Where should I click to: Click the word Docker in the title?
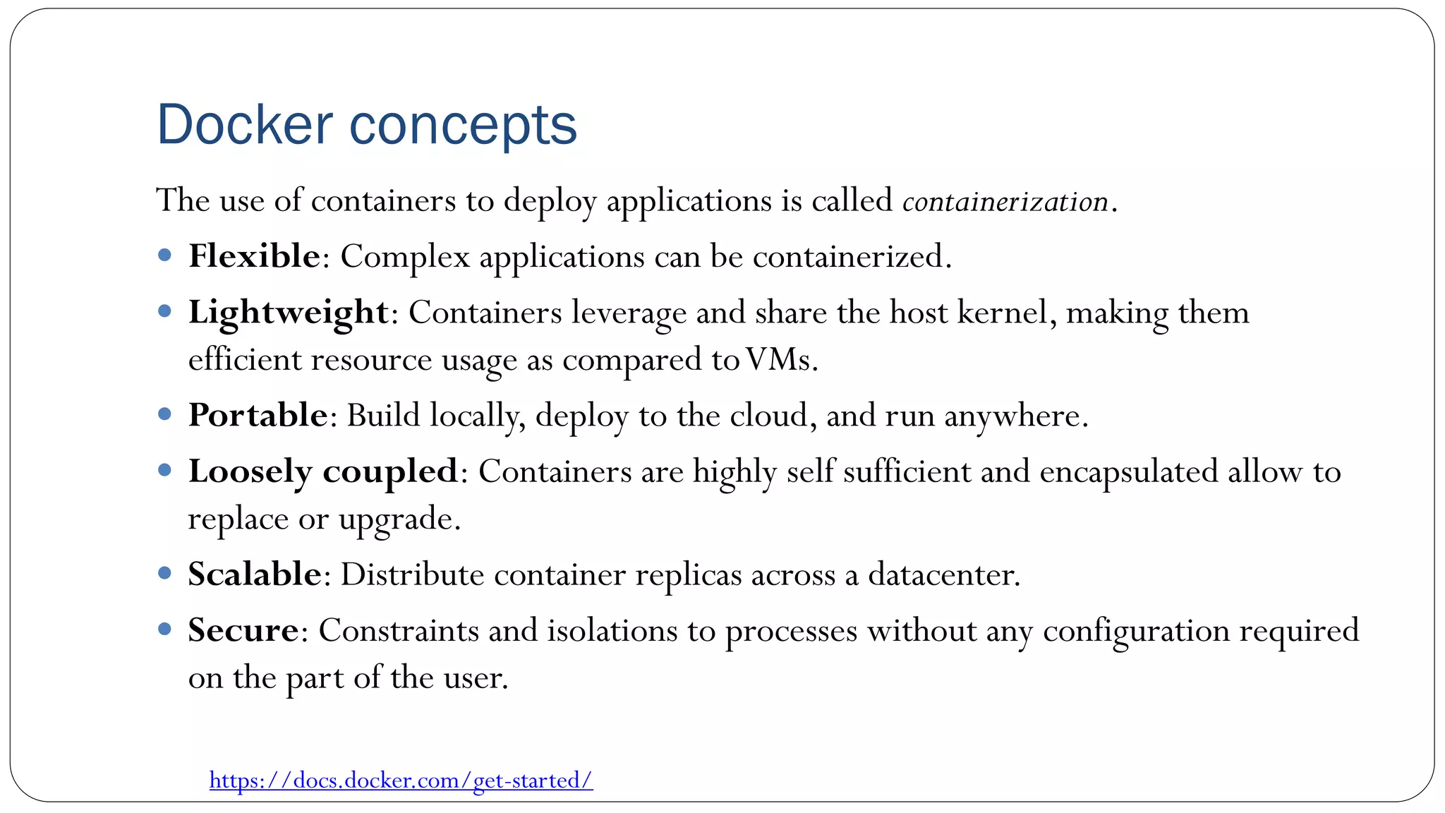(x=244, y=125)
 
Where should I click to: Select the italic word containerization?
(x=1005, y=202)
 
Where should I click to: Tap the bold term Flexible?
(x=254, y=255)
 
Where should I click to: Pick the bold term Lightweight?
(x=288, y=313)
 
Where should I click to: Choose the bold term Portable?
(x=258, y=415)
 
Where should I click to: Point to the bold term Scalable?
(x=255, y=574)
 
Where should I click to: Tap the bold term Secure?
(x=243, y=630)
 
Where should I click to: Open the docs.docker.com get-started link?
(x=401, y=781)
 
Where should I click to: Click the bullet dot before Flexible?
(x=165, y=255)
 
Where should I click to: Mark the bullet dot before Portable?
(x=165, y=414)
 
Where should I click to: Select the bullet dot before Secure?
(x=165, y=629)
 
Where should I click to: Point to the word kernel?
(x=1001, y=313)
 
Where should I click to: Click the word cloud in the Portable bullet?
(x=768, y=415)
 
